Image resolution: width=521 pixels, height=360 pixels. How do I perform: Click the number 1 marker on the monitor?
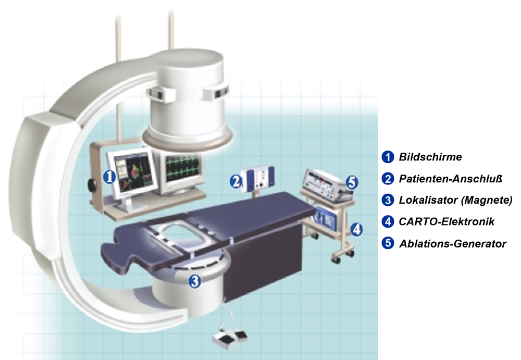point(109,177)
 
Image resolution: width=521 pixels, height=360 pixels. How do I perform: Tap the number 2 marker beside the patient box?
point(236,181)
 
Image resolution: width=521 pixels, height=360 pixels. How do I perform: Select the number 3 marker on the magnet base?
point(195,281)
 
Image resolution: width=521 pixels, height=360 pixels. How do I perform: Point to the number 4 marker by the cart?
point(356,229)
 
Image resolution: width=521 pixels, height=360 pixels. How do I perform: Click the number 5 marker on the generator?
point(352,182)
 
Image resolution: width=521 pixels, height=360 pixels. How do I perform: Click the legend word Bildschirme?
point(430,157)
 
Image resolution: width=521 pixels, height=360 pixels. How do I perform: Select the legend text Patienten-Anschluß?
point(450,179)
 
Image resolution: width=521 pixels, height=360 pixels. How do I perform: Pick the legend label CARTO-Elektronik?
point(446,222)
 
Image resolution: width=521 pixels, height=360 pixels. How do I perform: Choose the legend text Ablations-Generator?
point(453,244)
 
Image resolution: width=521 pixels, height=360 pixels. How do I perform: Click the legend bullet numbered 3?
point(388,200)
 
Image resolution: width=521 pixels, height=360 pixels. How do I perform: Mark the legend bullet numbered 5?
point(388,243)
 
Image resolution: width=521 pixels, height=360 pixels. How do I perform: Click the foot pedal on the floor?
point(230,339)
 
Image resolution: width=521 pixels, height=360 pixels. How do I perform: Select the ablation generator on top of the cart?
point(327,184)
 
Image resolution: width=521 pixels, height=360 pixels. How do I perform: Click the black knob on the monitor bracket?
point(91,184)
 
